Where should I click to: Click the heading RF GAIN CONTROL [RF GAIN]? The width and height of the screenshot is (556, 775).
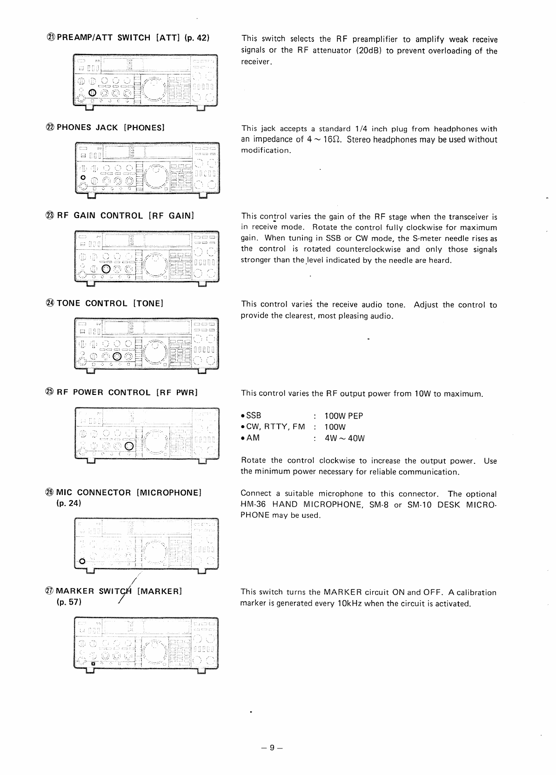pyautogui.click(x=125, y=215)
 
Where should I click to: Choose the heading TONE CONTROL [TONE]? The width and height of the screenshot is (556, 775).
pyautogui.click(x=109, y=303)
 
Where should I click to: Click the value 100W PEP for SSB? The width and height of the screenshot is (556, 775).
pyautogui.click(x=344, y=416)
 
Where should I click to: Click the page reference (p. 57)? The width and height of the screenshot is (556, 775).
pyautogui.click(x=68, y=602)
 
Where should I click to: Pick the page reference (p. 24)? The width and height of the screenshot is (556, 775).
pyautogui.click(x=68, y=503)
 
